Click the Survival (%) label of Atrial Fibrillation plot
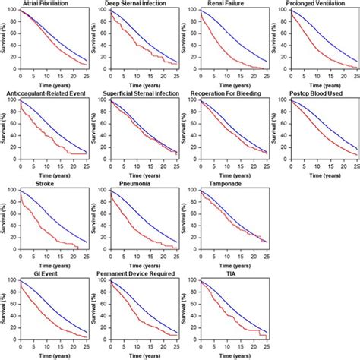click(x=5, y=39)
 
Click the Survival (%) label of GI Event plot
click(x=5, y=308)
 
